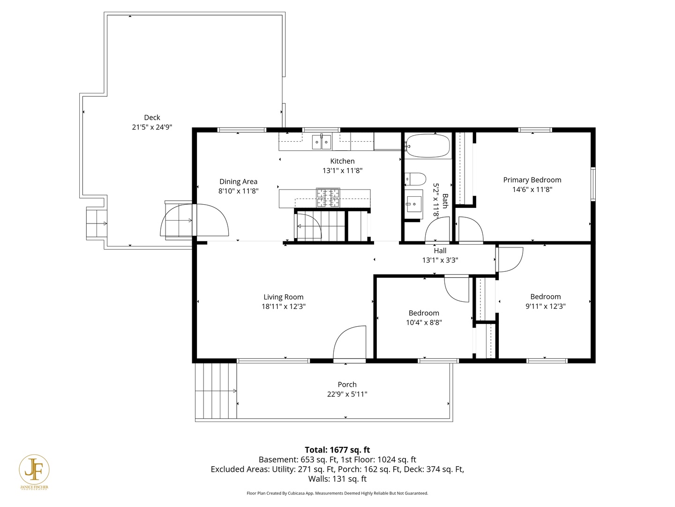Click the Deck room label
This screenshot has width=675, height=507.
(152, 117)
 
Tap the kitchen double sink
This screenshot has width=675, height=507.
(322, 142)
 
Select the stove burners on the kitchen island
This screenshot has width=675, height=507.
(328, 198)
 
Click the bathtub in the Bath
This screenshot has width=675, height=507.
(427, 146)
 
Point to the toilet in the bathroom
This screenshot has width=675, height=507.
(415, 179)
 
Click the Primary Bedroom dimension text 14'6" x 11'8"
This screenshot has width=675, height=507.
(532, 189)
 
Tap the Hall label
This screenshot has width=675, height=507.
(440, 251)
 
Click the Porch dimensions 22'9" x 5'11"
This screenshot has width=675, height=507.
(347, 394)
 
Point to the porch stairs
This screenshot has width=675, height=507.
(216, 391)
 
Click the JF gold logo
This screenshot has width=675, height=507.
(34, 470)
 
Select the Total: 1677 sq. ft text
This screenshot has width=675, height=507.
(337, 450)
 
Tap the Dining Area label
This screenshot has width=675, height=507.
(238, 181)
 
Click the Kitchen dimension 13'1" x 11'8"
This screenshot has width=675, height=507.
(342, 170)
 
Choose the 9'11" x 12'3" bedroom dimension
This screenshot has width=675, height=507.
(546, 306)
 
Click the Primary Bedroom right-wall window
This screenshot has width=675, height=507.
(593, 184)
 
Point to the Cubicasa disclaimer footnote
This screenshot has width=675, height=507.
(337, 493)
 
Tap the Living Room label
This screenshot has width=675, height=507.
(283, 297)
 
